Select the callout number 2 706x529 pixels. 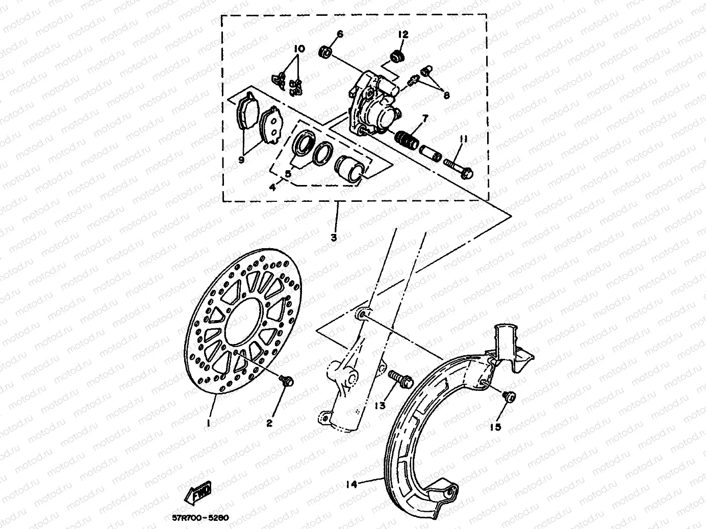click(x=269, y=422)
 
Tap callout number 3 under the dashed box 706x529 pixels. click(x=334, y=237)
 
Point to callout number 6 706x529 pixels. click(x=340, y=34)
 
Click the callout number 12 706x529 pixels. click(x=404, y=35)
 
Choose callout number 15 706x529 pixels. click(x=496, y=427)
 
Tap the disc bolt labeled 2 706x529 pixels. click(x=286, y=380)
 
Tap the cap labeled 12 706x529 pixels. click(x=397, y=55)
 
